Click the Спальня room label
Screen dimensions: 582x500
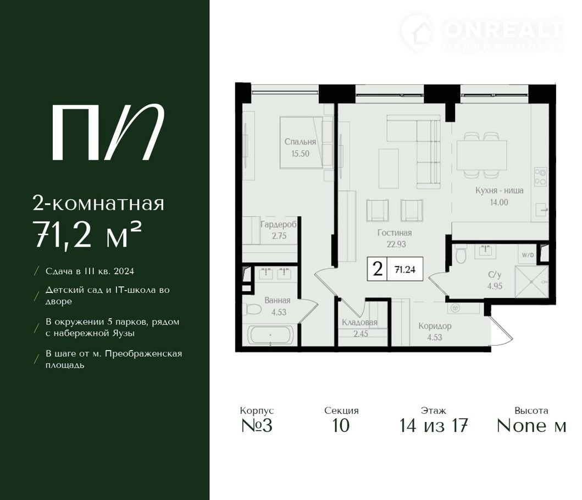pyautogui.click(x=300, y=141)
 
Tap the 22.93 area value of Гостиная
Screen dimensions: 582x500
pyautogui.click(x=396, y=245)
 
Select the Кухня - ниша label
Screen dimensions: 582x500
pyautogui.click(x=499, y=191)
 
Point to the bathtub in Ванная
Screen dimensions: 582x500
pyautogui.click(x=270, y=335)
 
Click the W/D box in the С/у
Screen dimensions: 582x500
pyautogui.click(x=528, y=255)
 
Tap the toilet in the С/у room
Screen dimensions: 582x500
pyautogui.click(x=460, y=254)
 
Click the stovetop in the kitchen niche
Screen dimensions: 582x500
pyautogui.click(x=540, y=177)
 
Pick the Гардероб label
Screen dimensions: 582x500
pyautogui.click(x=279, y=225)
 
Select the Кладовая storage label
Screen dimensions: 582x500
pyautogui.click(x=359, y=322)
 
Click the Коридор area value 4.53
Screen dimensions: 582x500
pyautogui.click(x=434, y=337)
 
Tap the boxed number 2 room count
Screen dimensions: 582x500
pyautogui.click(x=378, y=269)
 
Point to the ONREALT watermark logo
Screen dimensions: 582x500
pyautogui.click(x=483, y=32)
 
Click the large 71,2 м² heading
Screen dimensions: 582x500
pyautogui.click(x=87, y=234)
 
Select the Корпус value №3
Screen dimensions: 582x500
pyautogui.click(x=257, y=425)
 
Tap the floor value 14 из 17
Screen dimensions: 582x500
pyautogui.click(x=433, y=425)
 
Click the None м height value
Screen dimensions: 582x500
pyautogui.click(x=531, y=425)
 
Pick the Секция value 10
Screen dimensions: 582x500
pyautogui.click(x=341, y=425)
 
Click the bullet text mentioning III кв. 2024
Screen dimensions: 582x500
pyautogui.click(x=90, y=271)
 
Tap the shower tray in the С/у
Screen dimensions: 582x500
pyautogui.click(x=531, y=282)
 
